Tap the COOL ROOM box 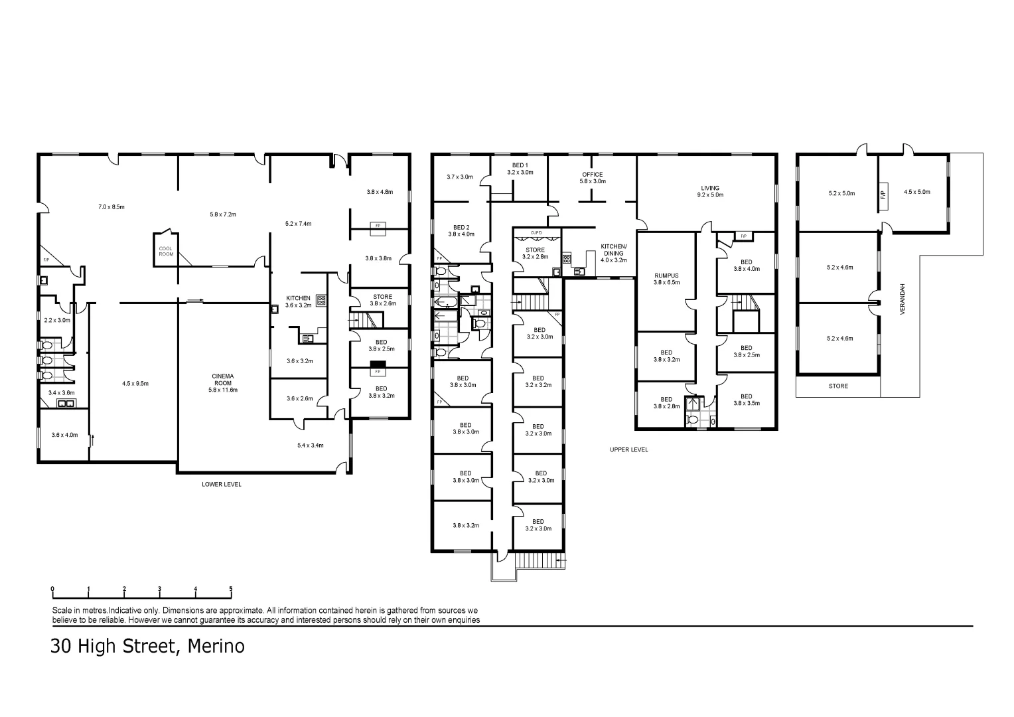pos(166,251)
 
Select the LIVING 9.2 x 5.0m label pos(709,191)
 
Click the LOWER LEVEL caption pos(222,485)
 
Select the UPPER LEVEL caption pos(628,449)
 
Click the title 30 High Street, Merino pos(147,646)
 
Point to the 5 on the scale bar pos(231,589)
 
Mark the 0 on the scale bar pos(52,589)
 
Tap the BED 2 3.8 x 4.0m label pos(461,230)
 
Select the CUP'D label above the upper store pos(536,232)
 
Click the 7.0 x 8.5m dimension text pos(111,207)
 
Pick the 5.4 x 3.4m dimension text pos(310,445)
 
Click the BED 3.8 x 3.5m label pos(746,400)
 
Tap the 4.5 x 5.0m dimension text pos(916,192)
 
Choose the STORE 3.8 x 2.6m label pos(382,300)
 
